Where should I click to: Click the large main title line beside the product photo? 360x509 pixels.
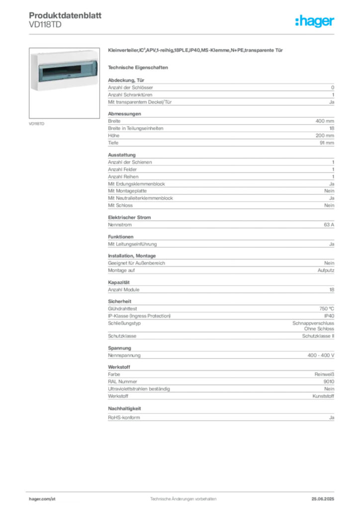[196, 51]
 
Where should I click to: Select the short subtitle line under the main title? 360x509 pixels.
[140, 67]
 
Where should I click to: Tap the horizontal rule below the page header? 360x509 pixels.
[182, 34]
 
